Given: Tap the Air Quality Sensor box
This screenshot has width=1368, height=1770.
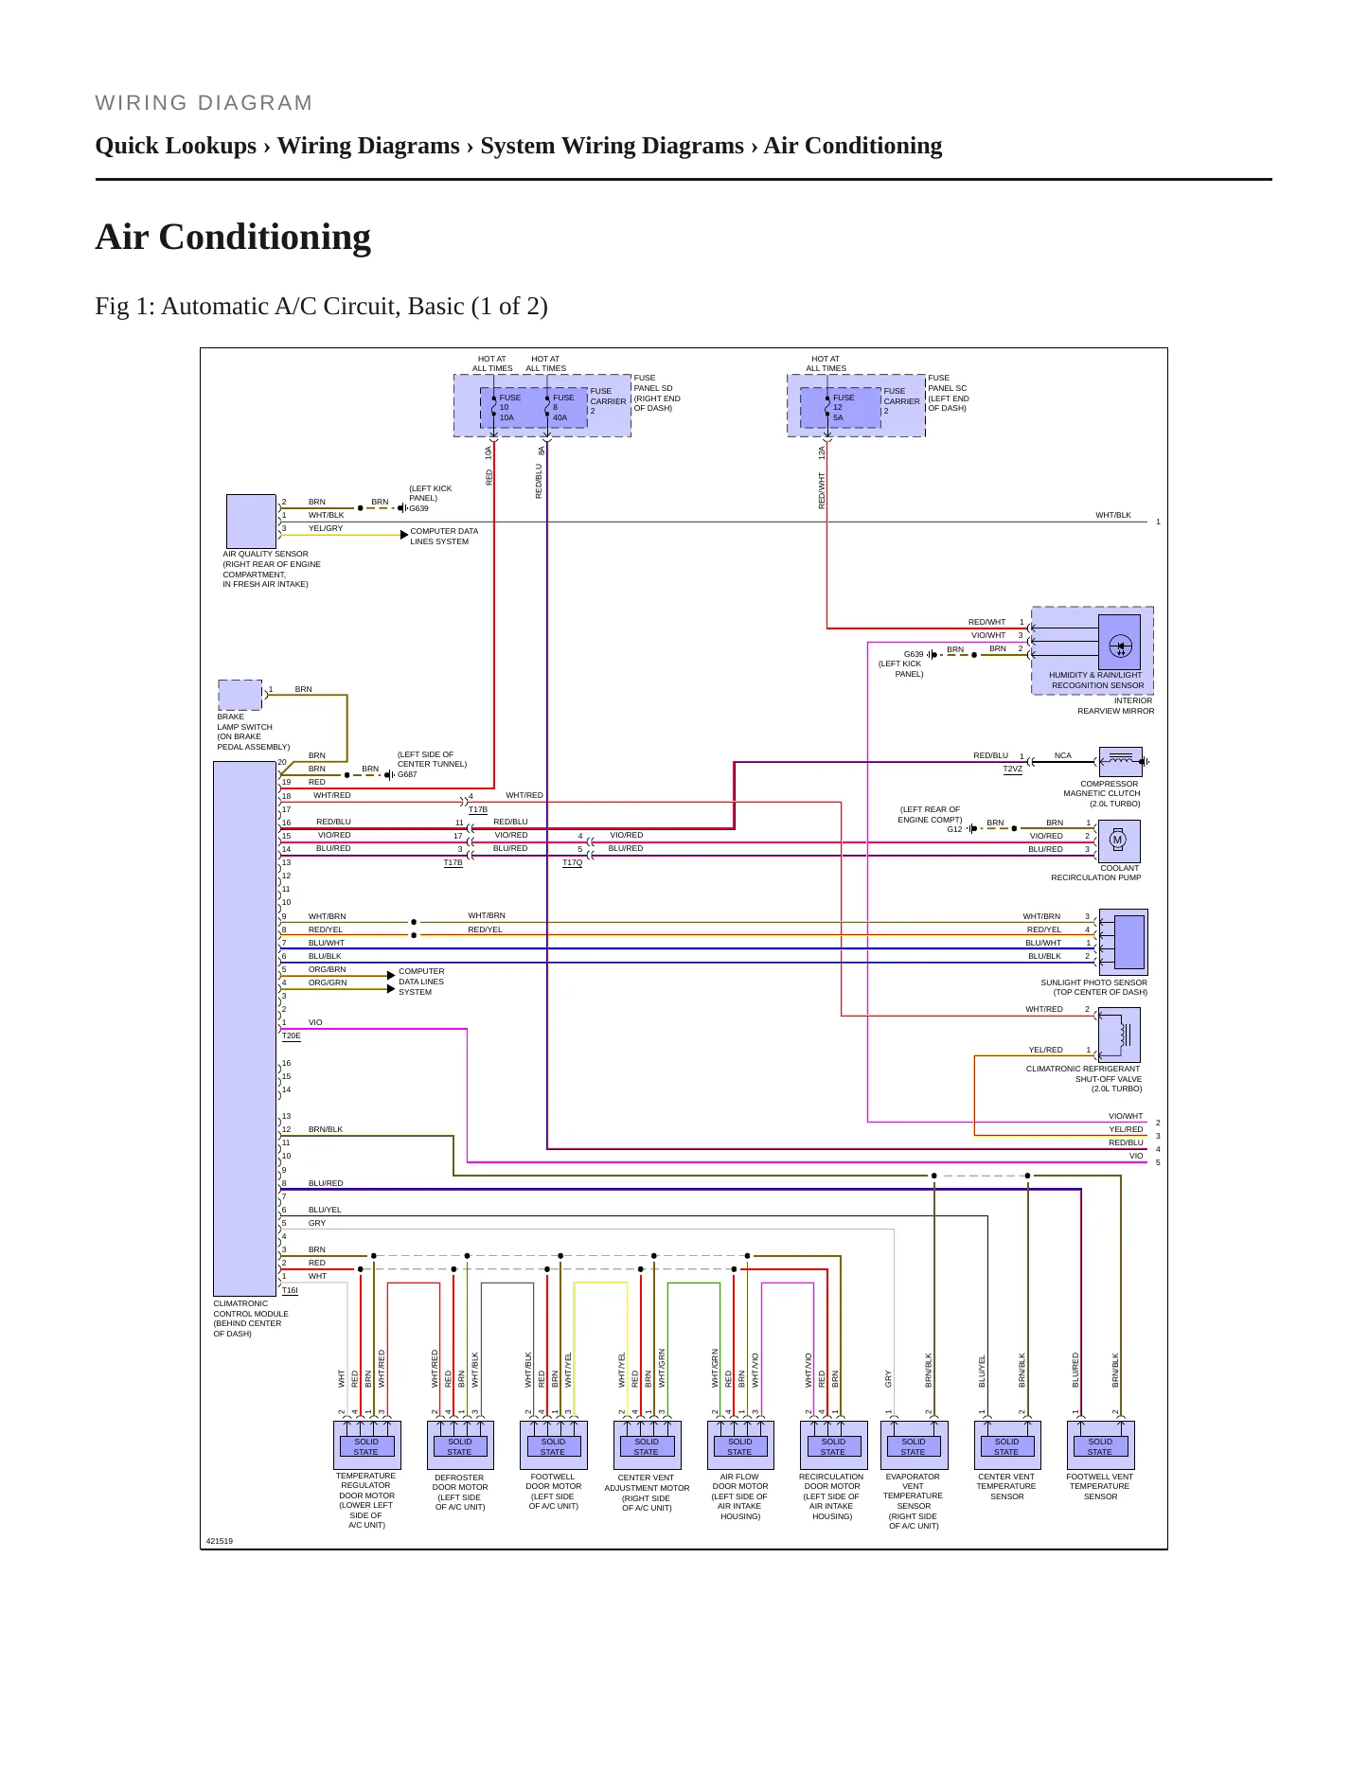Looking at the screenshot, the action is point(251,521).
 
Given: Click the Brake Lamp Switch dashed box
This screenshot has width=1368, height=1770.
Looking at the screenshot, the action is point(240,695).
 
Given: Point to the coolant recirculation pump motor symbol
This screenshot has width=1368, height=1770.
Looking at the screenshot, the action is point(1117,841).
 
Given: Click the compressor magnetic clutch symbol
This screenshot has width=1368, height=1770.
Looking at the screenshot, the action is point(1121,761).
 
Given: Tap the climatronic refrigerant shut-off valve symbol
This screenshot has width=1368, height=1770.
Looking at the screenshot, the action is point(1118,1035).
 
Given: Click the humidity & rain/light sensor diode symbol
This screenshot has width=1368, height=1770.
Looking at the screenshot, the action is point(1119,647).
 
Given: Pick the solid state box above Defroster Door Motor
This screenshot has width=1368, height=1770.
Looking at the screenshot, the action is point(459,1446).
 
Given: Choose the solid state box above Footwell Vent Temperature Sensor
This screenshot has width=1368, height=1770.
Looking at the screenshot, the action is point(1100,1446).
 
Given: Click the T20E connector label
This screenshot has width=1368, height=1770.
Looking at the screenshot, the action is point(292,1036).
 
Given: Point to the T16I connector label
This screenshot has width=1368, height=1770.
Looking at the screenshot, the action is point(290,1291).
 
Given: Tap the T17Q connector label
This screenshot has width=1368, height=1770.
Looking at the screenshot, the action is point(573,863).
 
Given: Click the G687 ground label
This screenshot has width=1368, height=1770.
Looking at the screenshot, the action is point(407,774).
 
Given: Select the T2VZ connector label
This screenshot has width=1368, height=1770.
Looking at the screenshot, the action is point(1013,770).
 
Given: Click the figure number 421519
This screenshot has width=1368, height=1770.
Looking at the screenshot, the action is point(220,1541).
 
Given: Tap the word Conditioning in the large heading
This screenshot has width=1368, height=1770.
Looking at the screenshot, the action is point(265,237).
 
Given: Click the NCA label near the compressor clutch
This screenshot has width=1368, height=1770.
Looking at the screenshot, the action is point(1063,755).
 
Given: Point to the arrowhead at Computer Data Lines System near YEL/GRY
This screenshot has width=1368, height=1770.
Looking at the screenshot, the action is point(404,535).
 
